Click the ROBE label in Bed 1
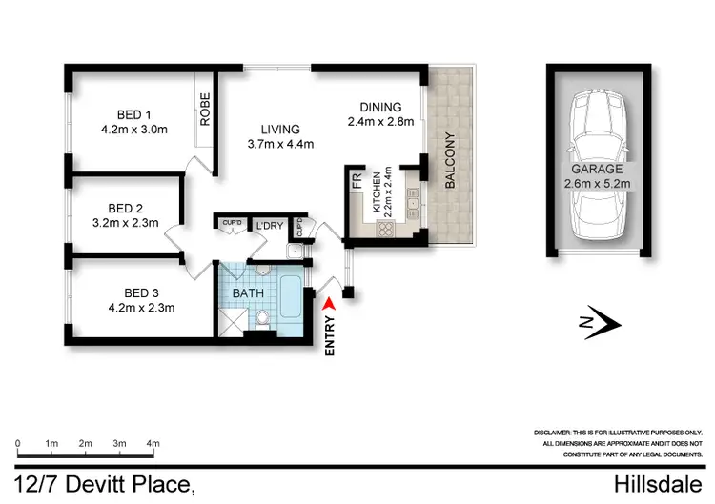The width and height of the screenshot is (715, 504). click(205, 111)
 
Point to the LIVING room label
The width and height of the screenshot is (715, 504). click(279, 129)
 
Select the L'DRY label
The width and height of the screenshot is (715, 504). click(271, 225)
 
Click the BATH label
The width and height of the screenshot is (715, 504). click(249, 293)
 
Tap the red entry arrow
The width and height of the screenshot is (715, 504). click(330, 303)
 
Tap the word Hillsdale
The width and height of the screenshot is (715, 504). click(665, 485)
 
